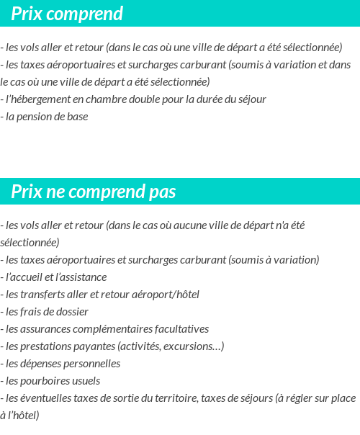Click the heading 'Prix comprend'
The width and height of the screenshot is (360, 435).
pyautogui.click(x=67, y=14)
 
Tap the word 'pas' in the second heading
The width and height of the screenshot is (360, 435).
pyautogui.click(x=162, y=192)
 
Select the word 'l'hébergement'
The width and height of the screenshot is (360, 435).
pyautogui.click(x=37, y=99)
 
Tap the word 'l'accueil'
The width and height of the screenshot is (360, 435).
pyautogui.click(x=30, y=277)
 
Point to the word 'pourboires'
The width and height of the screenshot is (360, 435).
pyautogui.click(x=46, y=381)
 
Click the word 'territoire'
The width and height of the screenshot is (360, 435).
pyautogui.click(x=171, y=398)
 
